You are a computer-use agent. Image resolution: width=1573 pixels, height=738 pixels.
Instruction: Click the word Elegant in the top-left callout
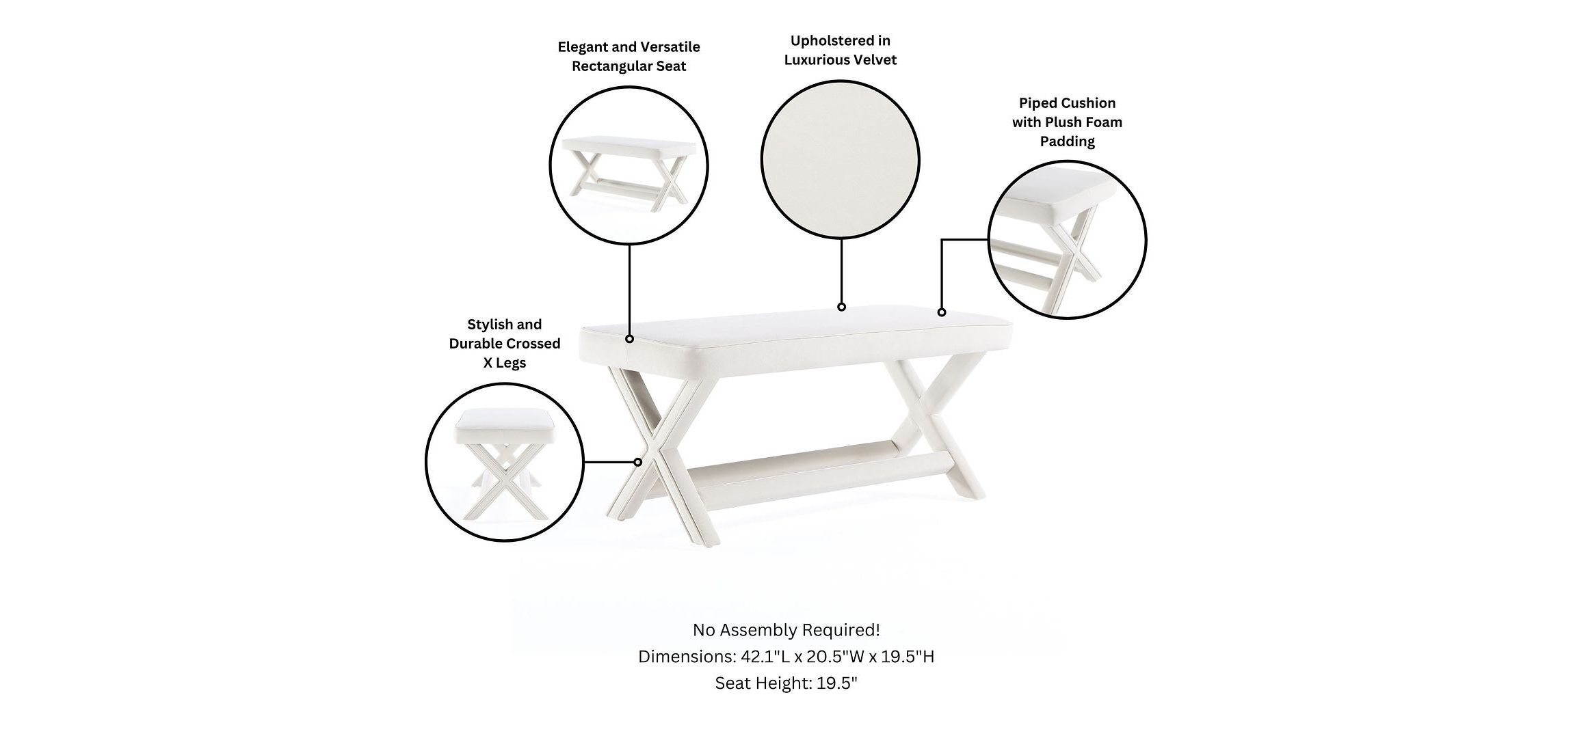click(583, 47)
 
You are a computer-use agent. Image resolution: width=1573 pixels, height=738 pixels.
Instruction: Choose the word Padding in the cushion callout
click(1067, 141)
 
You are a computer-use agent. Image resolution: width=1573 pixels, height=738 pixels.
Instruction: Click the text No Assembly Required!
click(786, 629)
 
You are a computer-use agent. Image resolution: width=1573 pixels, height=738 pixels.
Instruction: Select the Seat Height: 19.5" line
click(786, 683)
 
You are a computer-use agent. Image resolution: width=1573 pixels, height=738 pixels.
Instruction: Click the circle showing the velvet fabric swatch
click(841, 160)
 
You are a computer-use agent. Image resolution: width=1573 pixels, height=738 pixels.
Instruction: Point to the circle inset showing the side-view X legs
click(505, 463)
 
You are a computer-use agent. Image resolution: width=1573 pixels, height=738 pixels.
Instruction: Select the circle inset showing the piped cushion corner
click(1068, 239)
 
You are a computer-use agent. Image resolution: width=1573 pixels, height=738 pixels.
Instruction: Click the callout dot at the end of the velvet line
click(841, 307)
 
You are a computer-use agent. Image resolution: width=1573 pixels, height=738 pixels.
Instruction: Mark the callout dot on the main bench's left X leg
click(637, 462)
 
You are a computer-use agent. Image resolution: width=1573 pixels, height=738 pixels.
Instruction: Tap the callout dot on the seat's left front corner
click(629, 338)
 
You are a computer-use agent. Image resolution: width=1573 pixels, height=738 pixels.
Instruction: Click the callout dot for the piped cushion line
click(942, 312)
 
